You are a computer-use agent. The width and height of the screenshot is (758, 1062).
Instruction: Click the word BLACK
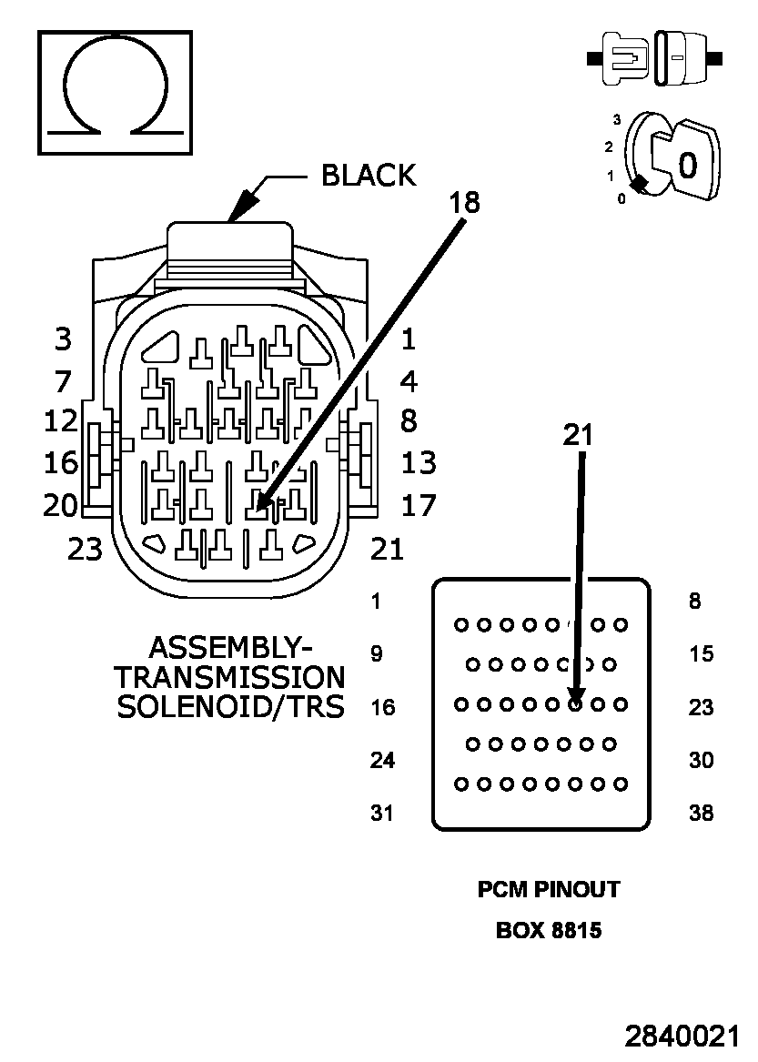pyautogui.click(x=369, y=176)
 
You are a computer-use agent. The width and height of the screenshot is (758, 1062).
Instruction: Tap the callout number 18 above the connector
pyautogui.click(x=465, y=203)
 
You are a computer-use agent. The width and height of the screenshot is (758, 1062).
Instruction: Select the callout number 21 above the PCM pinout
pyautogui.click(x=578, y=435)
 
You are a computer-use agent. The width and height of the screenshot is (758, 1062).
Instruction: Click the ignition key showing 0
pyautogui.click(x=684, y=160)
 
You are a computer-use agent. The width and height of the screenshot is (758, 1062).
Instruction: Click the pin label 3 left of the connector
pyautogui.click(x=63, y=339)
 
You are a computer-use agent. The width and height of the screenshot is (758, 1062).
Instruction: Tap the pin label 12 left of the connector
pyautogui.click(x=61, y=421)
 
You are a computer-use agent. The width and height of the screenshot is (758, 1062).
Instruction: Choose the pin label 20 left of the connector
pyautogui.click(x=61, y=505)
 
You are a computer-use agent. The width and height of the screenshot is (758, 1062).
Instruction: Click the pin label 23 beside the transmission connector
pyautogui.click(x=85, y=549)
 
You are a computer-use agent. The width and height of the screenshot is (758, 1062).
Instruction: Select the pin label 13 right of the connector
pyautogui.click(x=419, y=463)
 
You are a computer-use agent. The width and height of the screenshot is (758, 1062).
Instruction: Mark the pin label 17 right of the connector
pyautogui.click(x=419, y=505)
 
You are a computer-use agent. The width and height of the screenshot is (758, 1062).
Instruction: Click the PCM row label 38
pyautogui.click(x=701, y=813)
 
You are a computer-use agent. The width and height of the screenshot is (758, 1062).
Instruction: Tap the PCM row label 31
pyautogui.click(x=382, y=813)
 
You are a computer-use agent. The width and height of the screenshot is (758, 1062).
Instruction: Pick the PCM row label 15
pyautogui.click(x=701, y=653)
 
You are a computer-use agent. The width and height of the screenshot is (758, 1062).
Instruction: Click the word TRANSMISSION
pyautogui.click(x=230, y=677)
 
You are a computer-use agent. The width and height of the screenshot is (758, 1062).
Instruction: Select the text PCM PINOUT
pyautogui.click(x=549, y=889)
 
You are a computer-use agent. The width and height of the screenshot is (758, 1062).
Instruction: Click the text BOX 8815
pyautogui.click(x=549, y=930)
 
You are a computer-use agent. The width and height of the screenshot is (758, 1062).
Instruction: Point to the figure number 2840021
pyautogui.click(x=682, y=1037)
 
